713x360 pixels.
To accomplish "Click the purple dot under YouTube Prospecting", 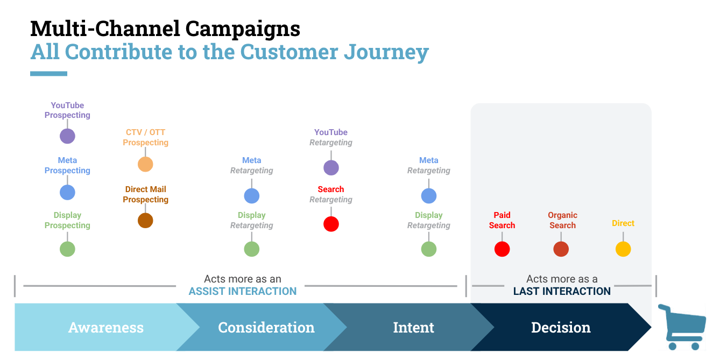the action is (x=67, y=136).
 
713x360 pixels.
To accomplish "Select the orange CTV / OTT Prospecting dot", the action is (x=145, y=164).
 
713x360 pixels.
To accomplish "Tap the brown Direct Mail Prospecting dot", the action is (x=145, y=221).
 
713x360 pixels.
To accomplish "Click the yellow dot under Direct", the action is (x=623, y=249).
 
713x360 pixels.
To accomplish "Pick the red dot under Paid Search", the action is (x=502, y=249).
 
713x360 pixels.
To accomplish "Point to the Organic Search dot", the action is (x=561, y=249).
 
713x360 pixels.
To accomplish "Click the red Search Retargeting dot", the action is (x=331, y=224).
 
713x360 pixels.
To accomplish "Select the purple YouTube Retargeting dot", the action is (x=331, y=168).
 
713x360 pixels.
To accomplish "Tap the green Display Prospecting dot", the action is (x=67, y=249).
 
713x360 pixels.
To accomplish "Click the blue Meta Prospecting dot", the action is (x=67, y=192).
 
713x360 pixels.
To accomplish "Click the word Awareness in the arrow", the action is (x=106, y=328).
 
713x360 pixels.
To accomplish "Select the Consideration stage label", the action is (x=266, y=328).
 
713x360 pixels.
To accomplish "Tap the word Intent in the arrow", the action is (x=413, y=328).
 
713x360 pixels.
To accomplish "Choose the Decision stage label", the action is (x=561, y=328).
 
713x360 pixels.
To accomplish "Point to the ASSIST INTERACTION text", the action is (x=243, y=291).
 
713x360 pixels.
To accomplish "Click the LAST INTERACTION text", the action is (x=562, y=291).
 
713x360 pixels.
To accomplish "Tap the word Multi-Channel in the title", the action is (x=105, y=29).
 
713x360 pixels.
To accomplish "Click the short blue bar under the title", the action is (x=49, y=74).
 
